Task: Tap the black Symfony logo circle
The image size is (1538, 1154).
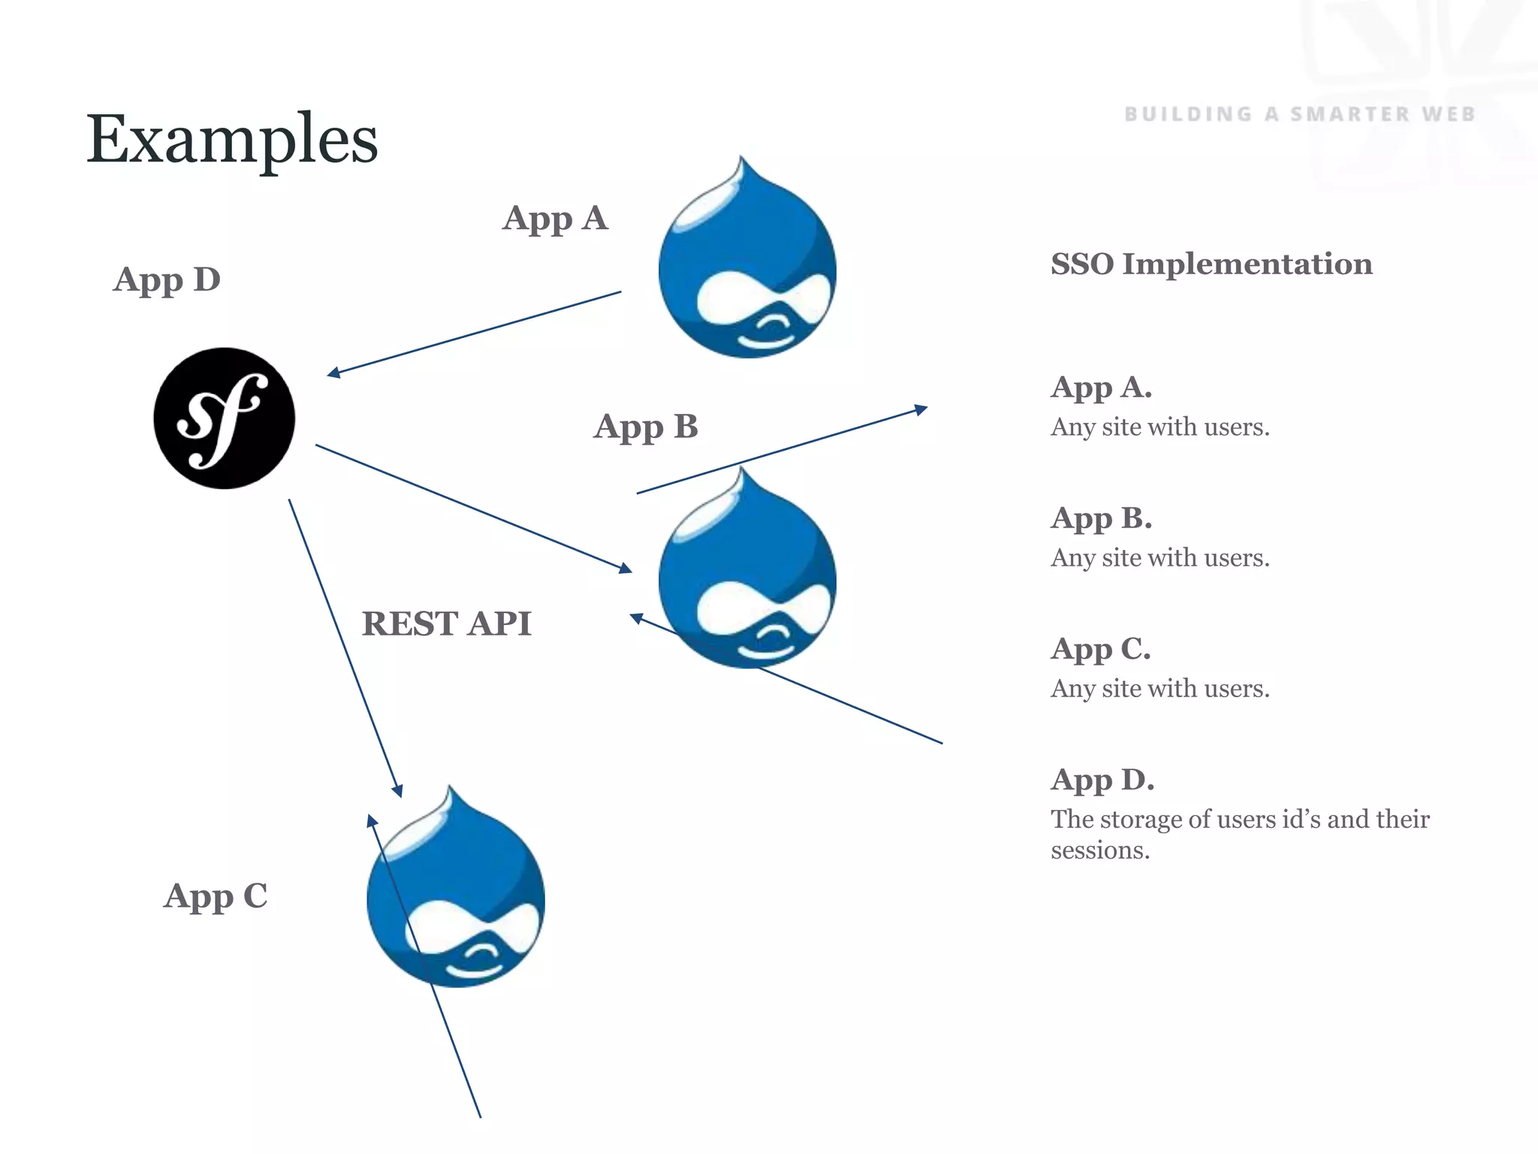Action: (x=224, y=418)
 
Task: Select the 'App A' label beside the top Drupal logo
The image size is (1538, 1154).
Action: (x=555, y=219)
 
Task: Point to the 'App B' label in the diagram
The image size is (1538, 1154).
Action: (x=646, y=427)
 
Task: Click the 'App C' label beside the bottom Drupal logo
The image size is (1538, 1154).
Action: (x=216, y=896)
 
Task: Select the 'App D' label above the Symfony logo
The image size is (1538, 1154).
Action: (x=167, y=279)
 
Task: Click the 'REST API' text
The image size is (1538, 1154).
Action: (x=447, y=624)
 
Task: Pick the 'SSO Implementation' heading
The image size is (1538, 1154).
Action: (x=1211, y=264)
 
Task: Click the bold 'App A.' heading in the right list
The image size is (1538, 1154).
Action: (x=1101, y=388)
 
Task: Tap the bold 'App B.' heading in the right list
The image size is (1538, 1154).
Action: (x=1101, y=518)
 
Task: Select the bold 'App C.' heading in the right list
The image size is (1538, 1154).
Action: (x=1100, y=649)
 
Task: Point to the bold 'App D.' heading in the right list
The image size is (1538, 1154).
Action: (x=1102, y=780)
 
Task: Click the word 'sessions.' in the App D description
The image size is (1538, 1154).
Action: (x=1100, y=850)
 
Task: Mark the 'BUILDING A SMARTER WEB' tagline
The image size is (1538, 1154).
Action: (x=1300, y=114)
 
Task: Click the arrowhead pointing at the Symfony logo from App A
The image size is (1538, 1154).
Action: (x=333, y=373)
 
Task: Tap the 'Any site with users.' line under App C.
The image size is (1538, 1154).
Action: (x=1160, y=688)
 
